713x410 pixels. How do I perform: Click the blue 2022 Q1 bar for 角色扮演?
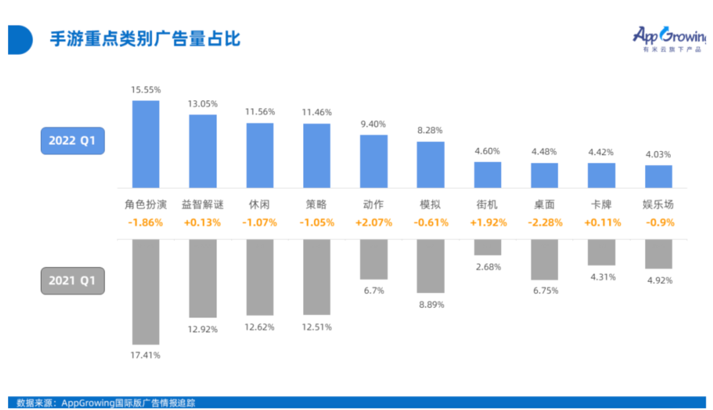point(146,144)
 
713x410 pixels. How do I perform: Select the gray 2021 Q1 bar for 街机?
point(487,247)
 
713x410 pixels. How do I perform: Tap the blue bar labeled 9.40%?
point(374,161)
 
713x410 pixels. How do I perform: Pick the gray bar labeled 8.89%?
point(430,265)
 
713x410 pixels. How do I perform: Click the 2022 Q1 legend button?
point(73,141)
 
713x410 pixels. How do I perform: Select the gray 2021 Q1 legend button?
point(73,281)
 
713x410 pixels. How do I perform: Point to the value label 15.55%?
point(146,89)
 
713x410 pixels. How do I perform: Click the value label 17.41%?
point(146,355)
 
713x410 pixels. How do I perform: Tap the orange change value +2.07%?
point(374,222)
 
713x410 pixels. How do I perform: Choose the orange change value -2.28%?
point(545,222)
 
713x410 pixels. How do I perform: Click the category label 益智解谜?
point(203,205)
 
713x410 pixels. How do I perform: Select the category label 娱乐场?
point(658,205)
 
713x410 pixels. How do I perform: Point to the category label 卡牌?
point(601,205)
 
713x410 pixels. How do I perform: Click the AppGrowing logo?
point(668,38)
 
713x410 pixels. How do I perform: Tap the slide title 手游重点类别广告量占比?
point(145,38)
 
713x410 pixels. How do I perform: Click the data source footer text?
point(106,402)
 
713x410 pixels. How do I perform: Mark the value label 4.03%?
point(658,154)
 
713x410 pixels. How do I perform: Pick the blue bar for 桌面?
point(545,175)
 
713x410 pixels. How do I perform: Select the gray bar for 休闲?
point(260,277)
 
